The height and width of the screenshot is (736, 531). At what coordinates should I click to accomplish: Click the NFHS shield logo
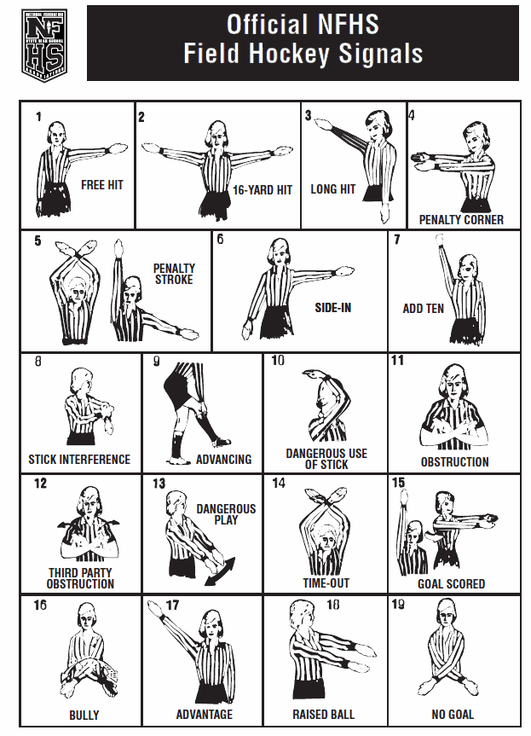coord(44,45)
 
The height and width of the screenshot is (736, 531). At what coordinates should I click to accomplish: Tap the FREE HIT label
coord(101,185)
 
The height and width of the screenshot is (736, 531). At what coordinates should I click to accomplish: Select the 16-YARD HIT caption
coord(263,190)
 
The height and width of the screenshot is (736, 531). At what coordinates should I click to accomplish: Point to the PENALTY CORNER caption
coord(461,220)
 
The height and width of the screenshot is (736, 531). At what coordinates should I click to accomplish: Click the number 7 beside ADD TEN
coord(397,240)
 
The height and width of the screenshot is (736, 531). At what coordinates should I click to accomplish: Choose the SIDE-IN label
coord(332,308)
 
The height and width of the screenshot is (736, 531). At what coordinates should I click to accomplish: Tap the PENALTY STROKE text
coord(174,274)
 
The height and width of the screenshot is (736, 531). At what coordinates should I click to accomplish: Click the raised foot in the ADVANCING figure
coord(221,442)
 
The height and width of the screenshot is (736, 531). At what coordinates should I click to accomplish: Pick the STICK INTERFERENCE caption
coord(79,459)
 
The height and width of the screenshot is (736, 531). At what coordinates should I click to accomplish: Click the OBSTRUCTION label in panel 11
coord(454,462)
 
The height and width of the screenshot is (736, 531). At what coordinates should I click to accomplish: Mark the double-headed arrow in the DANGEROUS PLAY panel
coord(220,571)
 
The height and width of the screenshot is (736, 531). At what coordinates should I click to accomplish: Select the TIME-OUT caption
coord(326,583)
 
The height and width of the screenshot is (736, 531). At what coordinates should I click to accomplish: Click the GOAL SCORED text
coord(451,584)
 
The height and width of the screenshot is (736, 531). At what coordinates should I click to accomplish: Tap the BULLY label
coord(84,715)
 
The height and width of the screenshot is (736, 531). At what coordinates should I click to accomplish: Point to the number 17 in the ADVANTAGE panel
coord(172,605)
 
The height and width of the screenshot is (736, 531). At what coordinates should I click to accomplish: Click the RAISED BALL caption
coord(323,715)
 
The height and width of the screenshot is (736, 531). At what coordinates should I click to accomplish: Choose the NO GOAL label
coord(453,715)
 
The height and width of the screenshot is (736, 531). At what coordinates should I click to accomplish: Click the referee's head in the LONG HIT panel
coord(376,124)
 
